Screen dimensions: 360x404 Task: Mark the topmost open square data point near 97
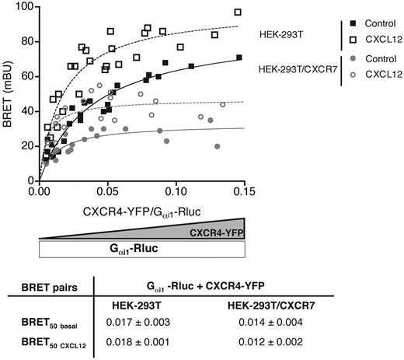coord(238,12)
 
